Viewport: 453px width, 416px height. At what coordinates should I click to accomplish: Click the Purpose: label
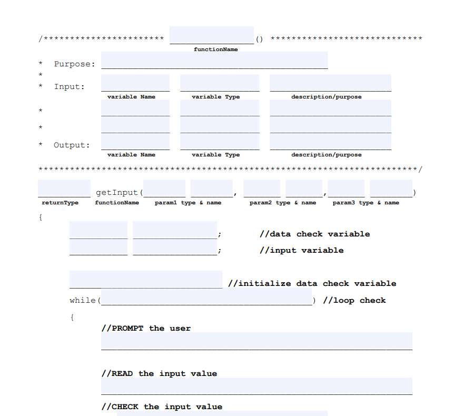pyautogui.click(x=74, y=64)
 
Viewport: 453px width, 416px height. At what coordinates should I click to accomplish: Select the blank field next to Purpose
pyautogui.click(x=214, y=61)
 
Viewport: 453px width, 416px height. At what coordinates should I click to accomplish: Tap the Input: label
pyautogui.click(x=69, y=87)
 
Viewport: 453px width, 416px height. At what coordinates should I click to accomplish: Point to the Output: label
pyautogui.click(x=71, y=145)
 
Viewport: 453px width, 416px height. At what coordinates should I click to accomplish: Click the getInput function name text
pyautogui.click(x=116, y=193)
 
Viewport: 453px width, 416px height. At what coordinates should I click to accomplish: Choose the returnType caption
pyautogui.click(x=60, y=203)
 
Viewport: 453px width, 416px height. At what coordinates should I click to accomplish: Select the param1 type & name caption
pyautogui.click(x=188, y=203)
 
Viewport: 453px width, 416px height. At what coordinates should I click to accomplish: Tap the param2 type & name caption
pyautogui.click(x=283, y=203)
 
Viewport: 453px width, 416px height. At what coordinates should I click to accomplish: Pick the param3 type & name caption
pyautogui.click(x=366, y=203)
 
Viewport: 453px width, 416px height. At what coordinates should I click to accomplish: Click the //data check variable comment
pyautogui.click(x=314, y=234)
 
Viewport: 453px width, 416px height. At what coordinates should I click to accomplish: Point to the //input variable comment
pyautogui.click(x=301, y=251)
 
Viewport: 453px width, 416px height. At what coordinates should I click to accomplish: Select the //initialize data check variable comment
pyautogui.click(x=312, y=283)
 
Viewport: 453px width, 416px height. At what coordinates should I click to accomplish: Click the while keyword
pyautogui.click(x=82, y=301)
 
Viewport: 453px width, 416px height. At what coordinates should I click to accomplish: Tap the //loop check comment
pyautogui.click(x=354, y=301)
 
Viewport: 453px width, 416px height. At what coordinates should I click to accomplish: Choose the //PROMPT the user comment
pyautogui.click(x=146, y=329)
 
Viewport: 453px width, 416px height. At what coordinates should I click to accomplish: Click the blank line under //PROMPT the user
pyautogui.click(x=257, y=341)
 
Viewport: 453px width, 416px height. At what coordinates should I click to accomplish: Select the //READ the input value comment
pyautogui.click(x=159, y=374)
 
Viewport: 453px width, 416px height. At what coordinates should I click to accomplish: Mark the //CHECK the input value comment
pyautogui.click(x=162, y=407)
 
